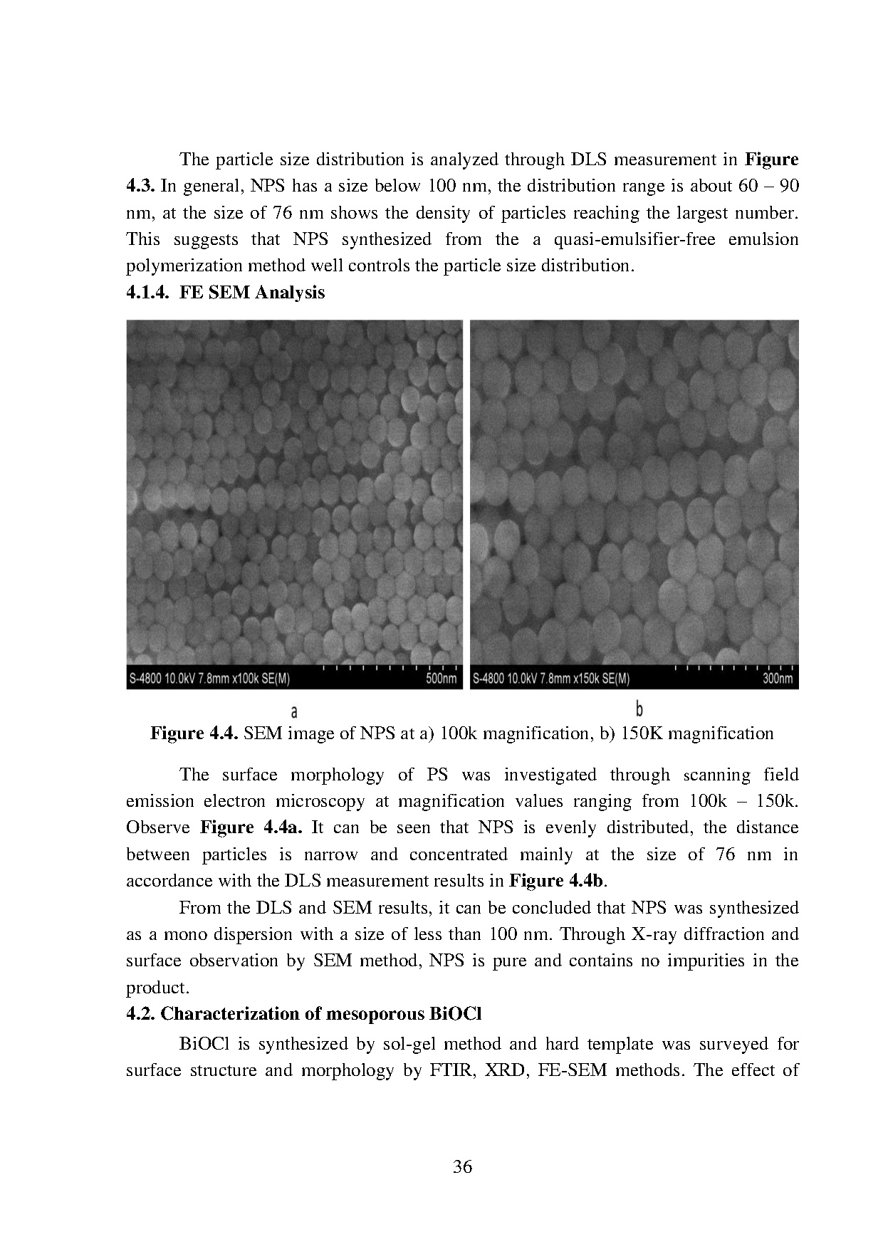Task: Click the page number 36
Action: click(462, 1166)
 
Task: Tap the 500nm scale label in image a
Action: click(441, 679)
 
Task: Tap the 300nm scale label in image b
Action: click(777, 679)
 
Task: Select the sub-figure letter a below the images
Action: click(294, 711)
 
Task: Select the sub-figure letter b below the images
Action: click(639, 710)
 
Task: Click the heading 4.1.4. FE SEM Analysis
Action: click(225, 293)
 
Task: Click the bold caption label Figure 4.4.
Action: click(194, 733)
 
